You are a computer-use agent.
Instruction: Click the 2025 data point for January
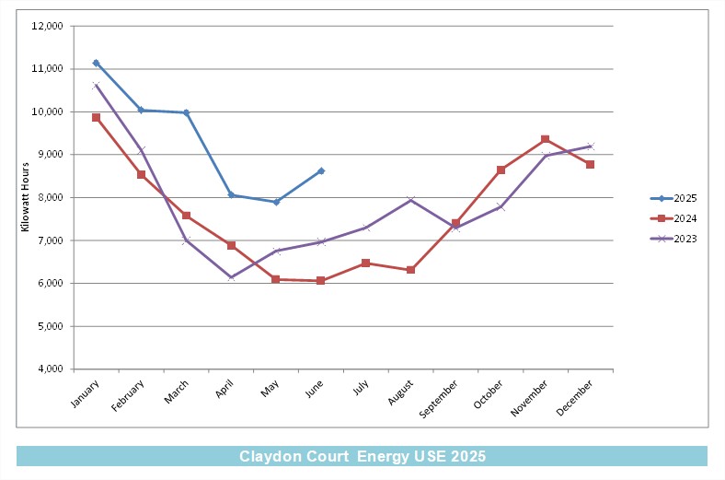97,63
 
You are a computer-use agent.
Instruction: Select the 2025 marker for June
321,171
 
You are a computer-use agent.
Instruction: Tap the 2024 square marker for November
546,139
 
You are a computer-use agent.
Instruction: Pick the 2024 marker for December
590,164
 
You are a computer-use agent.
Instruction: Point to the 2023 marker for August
411,200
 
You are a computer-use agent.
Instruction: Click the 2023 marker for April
231,277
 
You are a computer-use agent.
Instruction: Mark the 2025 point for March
187,113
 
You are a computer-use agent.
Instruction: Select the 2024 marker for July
366,263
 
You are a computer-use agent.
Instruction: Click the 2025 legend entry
673,198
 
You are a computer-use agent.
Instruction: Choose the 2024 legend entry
673,218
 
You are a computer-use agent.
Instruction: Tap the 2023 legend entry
673,239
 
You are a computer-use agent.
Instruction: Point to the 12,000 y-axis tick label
47,27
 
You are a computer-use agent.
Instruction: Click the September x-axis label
438,399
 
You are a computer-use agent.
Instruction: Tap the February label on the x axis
128,395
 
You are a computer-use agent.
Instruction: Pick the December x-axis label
574,398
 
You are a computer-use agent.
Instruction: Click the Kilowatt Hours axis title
25,197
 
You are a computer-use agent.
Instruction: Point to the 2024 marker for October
501,170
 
